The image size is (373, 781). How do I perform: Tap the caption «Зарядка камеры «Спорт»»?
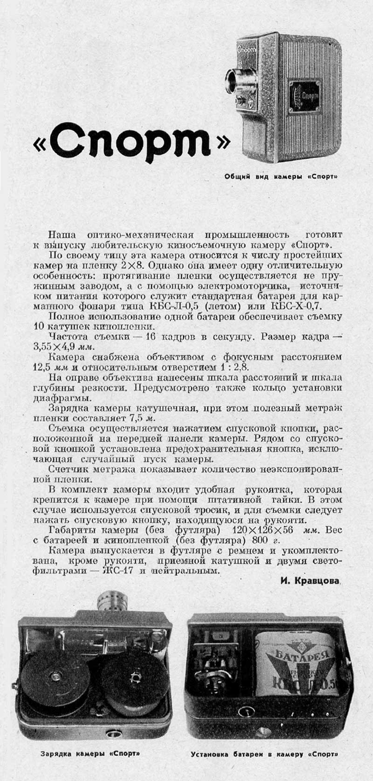point(90,753)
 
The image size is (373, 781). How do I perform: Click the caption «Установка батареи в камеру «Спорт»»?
point(264,753)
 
